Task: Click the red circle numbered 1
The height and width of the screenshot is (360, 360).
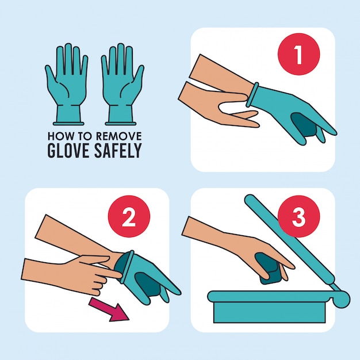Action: click(x=298, y=54)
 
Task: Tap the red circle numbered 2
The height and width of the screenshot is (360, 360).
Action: click(x=129, y=216)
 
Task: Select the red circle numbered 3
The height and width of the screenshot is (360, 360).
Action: click(x=298, y=216)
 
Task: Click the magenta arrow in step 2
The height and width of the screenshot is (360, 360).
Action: click(x=109, y=308)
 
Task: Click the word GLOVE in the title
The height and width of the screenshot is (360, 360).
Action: click(x=68, y=150)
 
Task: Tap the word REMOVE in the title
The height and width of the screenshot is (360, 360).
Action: click(x=118, y=136)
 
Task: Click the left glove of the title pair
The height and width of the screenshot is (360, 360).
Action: click(x=67, y=85)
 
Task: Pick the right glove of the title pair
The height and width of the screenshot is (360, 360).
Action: click(x=122, y=85)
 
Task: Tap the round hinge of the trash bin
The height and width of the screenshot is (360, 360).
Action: click(x=342, y=299)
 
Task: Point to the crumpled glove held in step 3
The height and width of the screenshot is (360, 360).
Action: click(x=269, y=269)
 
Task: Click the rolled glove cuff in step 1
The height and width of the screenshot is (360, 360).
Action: click(x=252, y=94)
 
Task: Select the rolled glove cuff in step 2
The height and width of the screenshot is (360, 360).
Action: click(x=128, y=267)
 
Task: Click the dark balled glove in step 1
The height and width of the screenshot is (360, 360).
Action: click(x=304, y=127)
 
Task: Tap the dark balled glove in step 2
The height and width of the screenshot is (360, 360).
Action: click(x=147, y=285)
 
